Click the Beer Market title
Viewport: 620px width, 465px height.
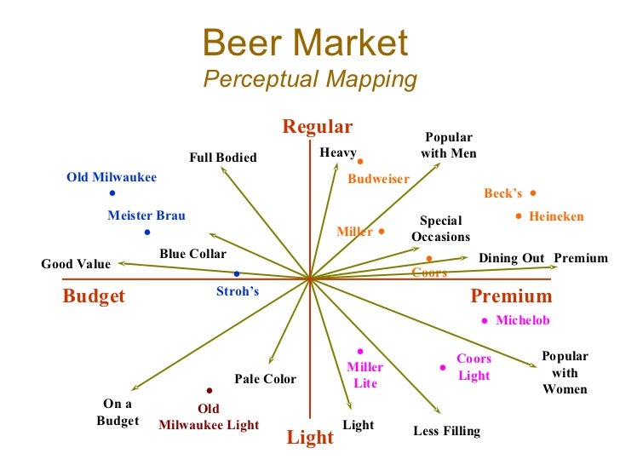pyautogui.click(x=306, y=43)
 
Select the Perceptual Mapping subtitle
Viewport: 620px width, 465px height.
pyautogui.click(x=310, y=79)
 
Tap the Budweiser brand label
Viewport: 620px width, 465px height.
pyautogui.click(x=378, y=179)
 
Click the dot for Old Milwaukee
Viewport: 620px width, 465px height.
pyautogui.click(x=112, y=193)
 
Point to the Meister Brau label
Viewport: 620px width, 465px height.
pyautogui.click(x=146, y=215)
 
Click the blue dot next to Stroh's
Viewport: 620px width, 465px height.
pyautogui.click(x=237, y=273)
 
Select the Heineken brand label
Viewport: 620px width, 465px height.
pyautogui.click(x=556, y=216)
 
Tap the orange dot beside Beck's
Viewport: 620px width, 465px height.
pyautogui.click(x=533, y=193)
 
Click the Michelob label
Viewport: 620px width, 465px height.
pyautogui.click(x=522, y=320)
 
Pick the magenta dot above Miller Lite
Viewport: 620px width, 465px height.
pyautogui.click(x=360, y=351)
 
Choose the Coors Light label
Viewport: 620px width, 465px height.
pyautogui.click(x=474, y=367)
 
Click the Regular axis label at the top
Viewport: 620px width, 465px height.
pyautogui.click(x=317, y=127)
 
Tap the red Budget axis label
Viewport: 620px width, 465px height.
pyautogui.click(x=94, y=296)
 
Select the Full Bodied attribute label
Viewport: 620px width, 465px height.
pyautogui.click(x=223, y=157)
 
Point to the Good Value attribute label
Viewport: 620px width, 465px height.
pyautogui.click(x=76, y=264)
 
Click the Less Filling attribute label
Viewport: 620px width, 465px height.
pyautogui.click(x=446, y=431)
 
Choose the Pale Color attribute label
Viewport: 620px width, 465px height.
pyautogui.click(x=266, y=379)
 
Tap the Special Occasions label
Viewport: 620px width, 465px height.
pyautogui.click(x=440, y=229)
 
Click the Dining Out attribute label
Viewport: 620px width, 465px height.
pyautogui.click(x=511, y=258)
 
